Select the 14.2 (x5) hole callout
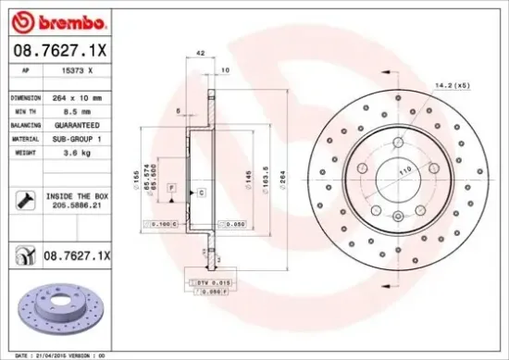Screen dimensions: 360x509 tap(450, 86)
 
